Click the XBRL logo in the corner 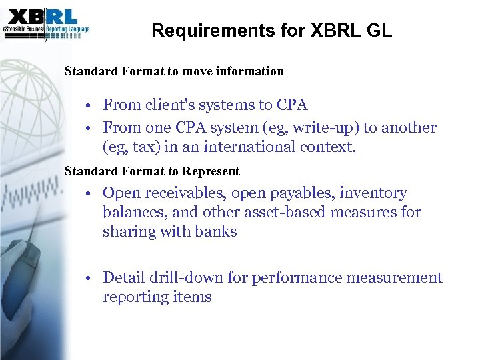46,23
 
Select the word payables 302,193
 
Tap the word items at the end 193,297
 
